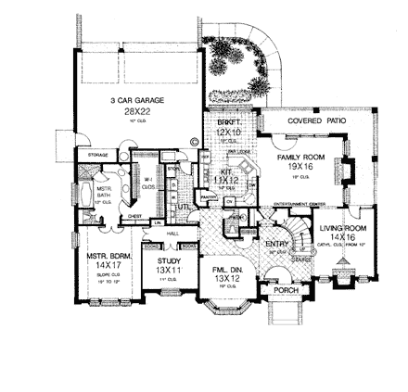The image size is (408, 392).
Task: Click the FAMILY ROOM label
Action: [300, 158]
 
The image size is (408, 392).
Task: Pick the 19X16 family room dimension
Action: [300, 166]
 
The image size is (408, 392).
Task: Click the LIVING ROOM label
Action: [343, 227]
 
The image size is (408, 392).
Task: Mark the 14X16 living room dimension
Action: [343, 235]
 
